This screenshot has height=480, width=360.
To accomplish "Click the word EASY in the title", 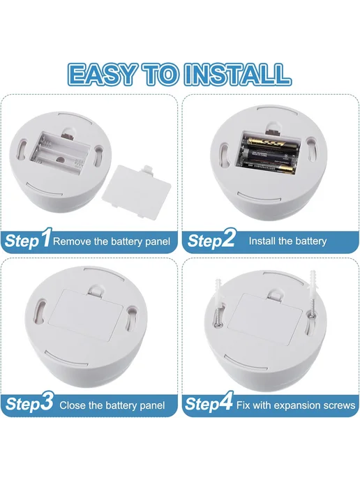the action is pyautogui.click(x=101, y=74).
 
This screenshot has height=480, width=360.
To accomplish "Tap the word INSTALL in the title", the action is pyautogui.click(x=237, y=74).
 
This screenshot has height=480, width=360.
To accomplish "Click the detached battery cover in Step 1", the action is pyautogui.click(x=136, y=190).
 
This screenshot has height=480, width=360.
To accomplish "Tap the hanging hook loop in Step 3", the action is pyautogui.click(x=95, y=291).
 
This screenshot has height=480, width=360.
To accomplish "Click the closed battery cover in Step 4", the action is pyautogui.click(x=264, y=319).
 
